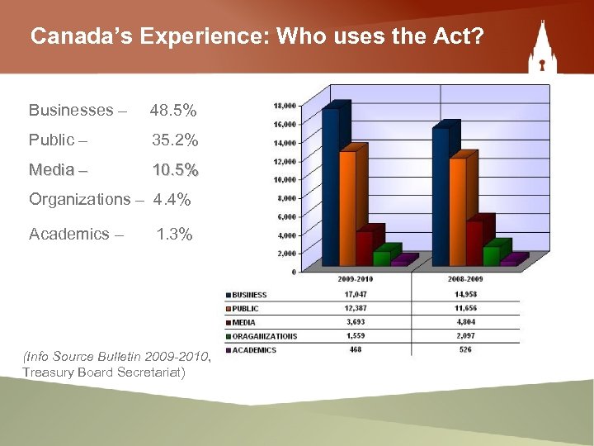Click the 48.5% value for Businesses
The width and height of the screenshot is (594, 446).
[x=172, y=110]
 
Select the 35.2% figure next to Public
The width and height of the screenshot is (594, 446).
[x=174, y=140]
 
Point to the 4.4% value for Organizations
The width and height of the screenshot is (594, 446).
[x=172, y=199]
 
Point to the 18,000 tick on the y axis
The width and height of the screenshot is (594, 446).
[x=284, y=106]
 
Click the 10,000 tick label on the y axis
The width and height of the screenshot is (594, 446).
[x=284, y=179]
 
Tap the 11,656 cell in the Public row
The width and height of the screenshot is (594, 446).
[x=466, y=308]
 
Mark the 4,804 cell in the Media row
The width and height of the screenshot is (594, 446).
[x=466, y=322]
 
